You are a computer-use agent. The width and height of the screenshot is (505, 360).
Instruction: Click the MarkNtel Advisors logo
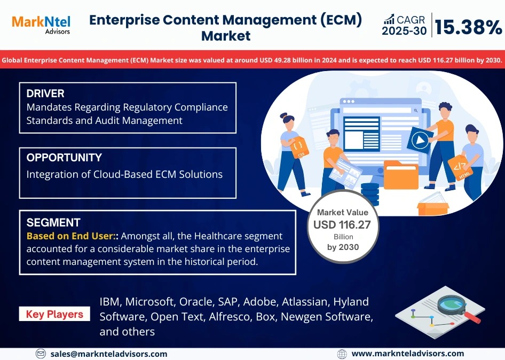pos(41,24)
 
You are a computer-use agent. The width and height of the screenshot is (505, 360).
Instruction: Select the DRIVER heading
pos(45,94)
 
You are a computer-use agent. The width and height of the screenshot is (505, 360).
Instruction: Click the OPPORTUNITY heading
pos(64,158)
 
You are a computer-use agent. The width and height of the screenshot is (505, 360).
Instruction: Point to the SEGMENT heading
pos(53,223)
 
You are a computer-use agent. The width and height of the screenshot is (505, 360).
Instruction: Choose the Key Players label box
pos(54,315)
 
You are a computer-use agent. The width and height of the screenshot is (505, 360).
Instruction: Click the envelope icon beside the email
pos(41,354)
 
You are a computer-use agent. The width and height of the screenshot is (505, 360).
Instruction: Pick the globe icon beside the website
pos(342,354)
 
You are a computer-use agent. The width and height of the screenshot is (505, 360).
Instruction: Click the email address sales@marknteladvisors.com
pos(109,354)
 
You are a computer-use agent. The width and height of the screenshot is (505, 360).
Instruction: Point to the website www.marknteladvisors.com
pos(408,354)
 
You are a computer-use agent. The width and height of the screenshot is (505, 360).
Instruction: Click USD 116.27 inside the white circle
pos(342,225)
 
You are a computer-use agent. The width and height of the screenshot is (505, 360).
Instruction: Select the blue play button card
pos(419,141)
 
